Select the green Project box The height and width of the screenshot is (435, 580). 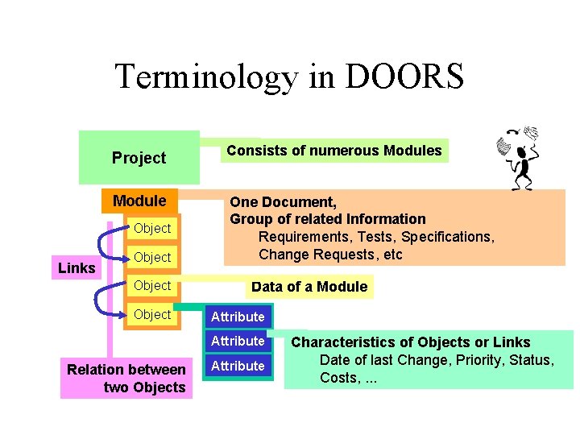139,158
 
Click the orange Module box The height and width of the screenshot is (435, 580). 139,201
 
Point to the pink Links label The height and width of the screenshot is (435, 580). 77,267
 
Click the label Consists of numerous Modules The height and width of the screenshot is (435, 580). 334,151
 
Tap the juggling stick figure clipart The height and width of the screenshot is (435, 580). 519,158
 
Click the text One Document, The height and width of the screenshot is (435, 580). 283,201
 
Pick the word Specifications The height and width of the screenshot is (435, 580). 446,237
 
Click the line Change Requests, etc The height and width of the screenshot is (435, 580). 330,255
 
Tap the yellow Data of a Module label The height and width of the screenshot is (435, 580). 309,287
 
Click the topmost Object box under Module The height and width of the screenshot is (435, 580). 152,228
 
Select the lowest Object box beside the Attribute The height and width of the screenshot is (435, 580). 152,314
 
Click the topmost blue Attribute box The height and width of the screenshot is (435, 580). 238,317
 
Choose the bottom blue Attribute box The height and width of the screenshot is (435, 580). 238,366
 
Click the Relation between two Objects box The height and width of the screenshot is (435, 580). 126,379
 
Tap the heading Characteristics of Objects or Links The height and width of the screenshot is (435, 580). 410,342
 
